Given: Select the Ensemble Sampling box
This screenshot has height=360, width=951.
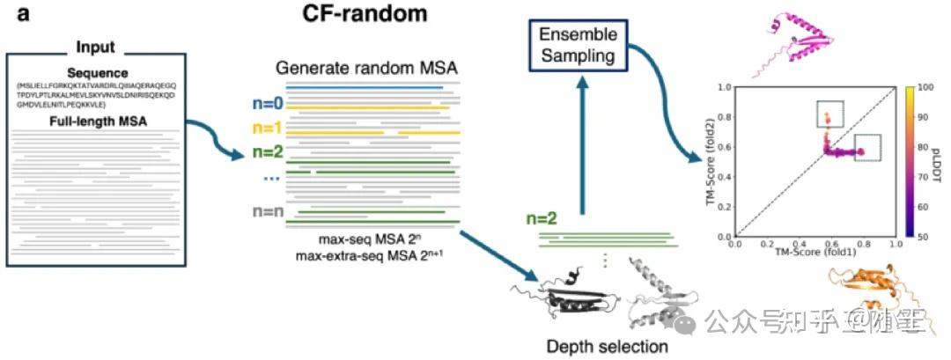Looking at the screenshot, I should coord(579,47).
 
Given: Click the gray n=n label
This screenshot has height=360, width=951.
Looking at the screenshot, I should coord(265,210).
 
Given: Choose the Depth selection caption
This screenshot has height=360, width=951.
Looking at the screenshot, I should coord(607,346).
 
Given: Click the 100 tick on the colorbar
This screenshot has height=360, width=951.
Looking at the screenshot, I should coord(924,87).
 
